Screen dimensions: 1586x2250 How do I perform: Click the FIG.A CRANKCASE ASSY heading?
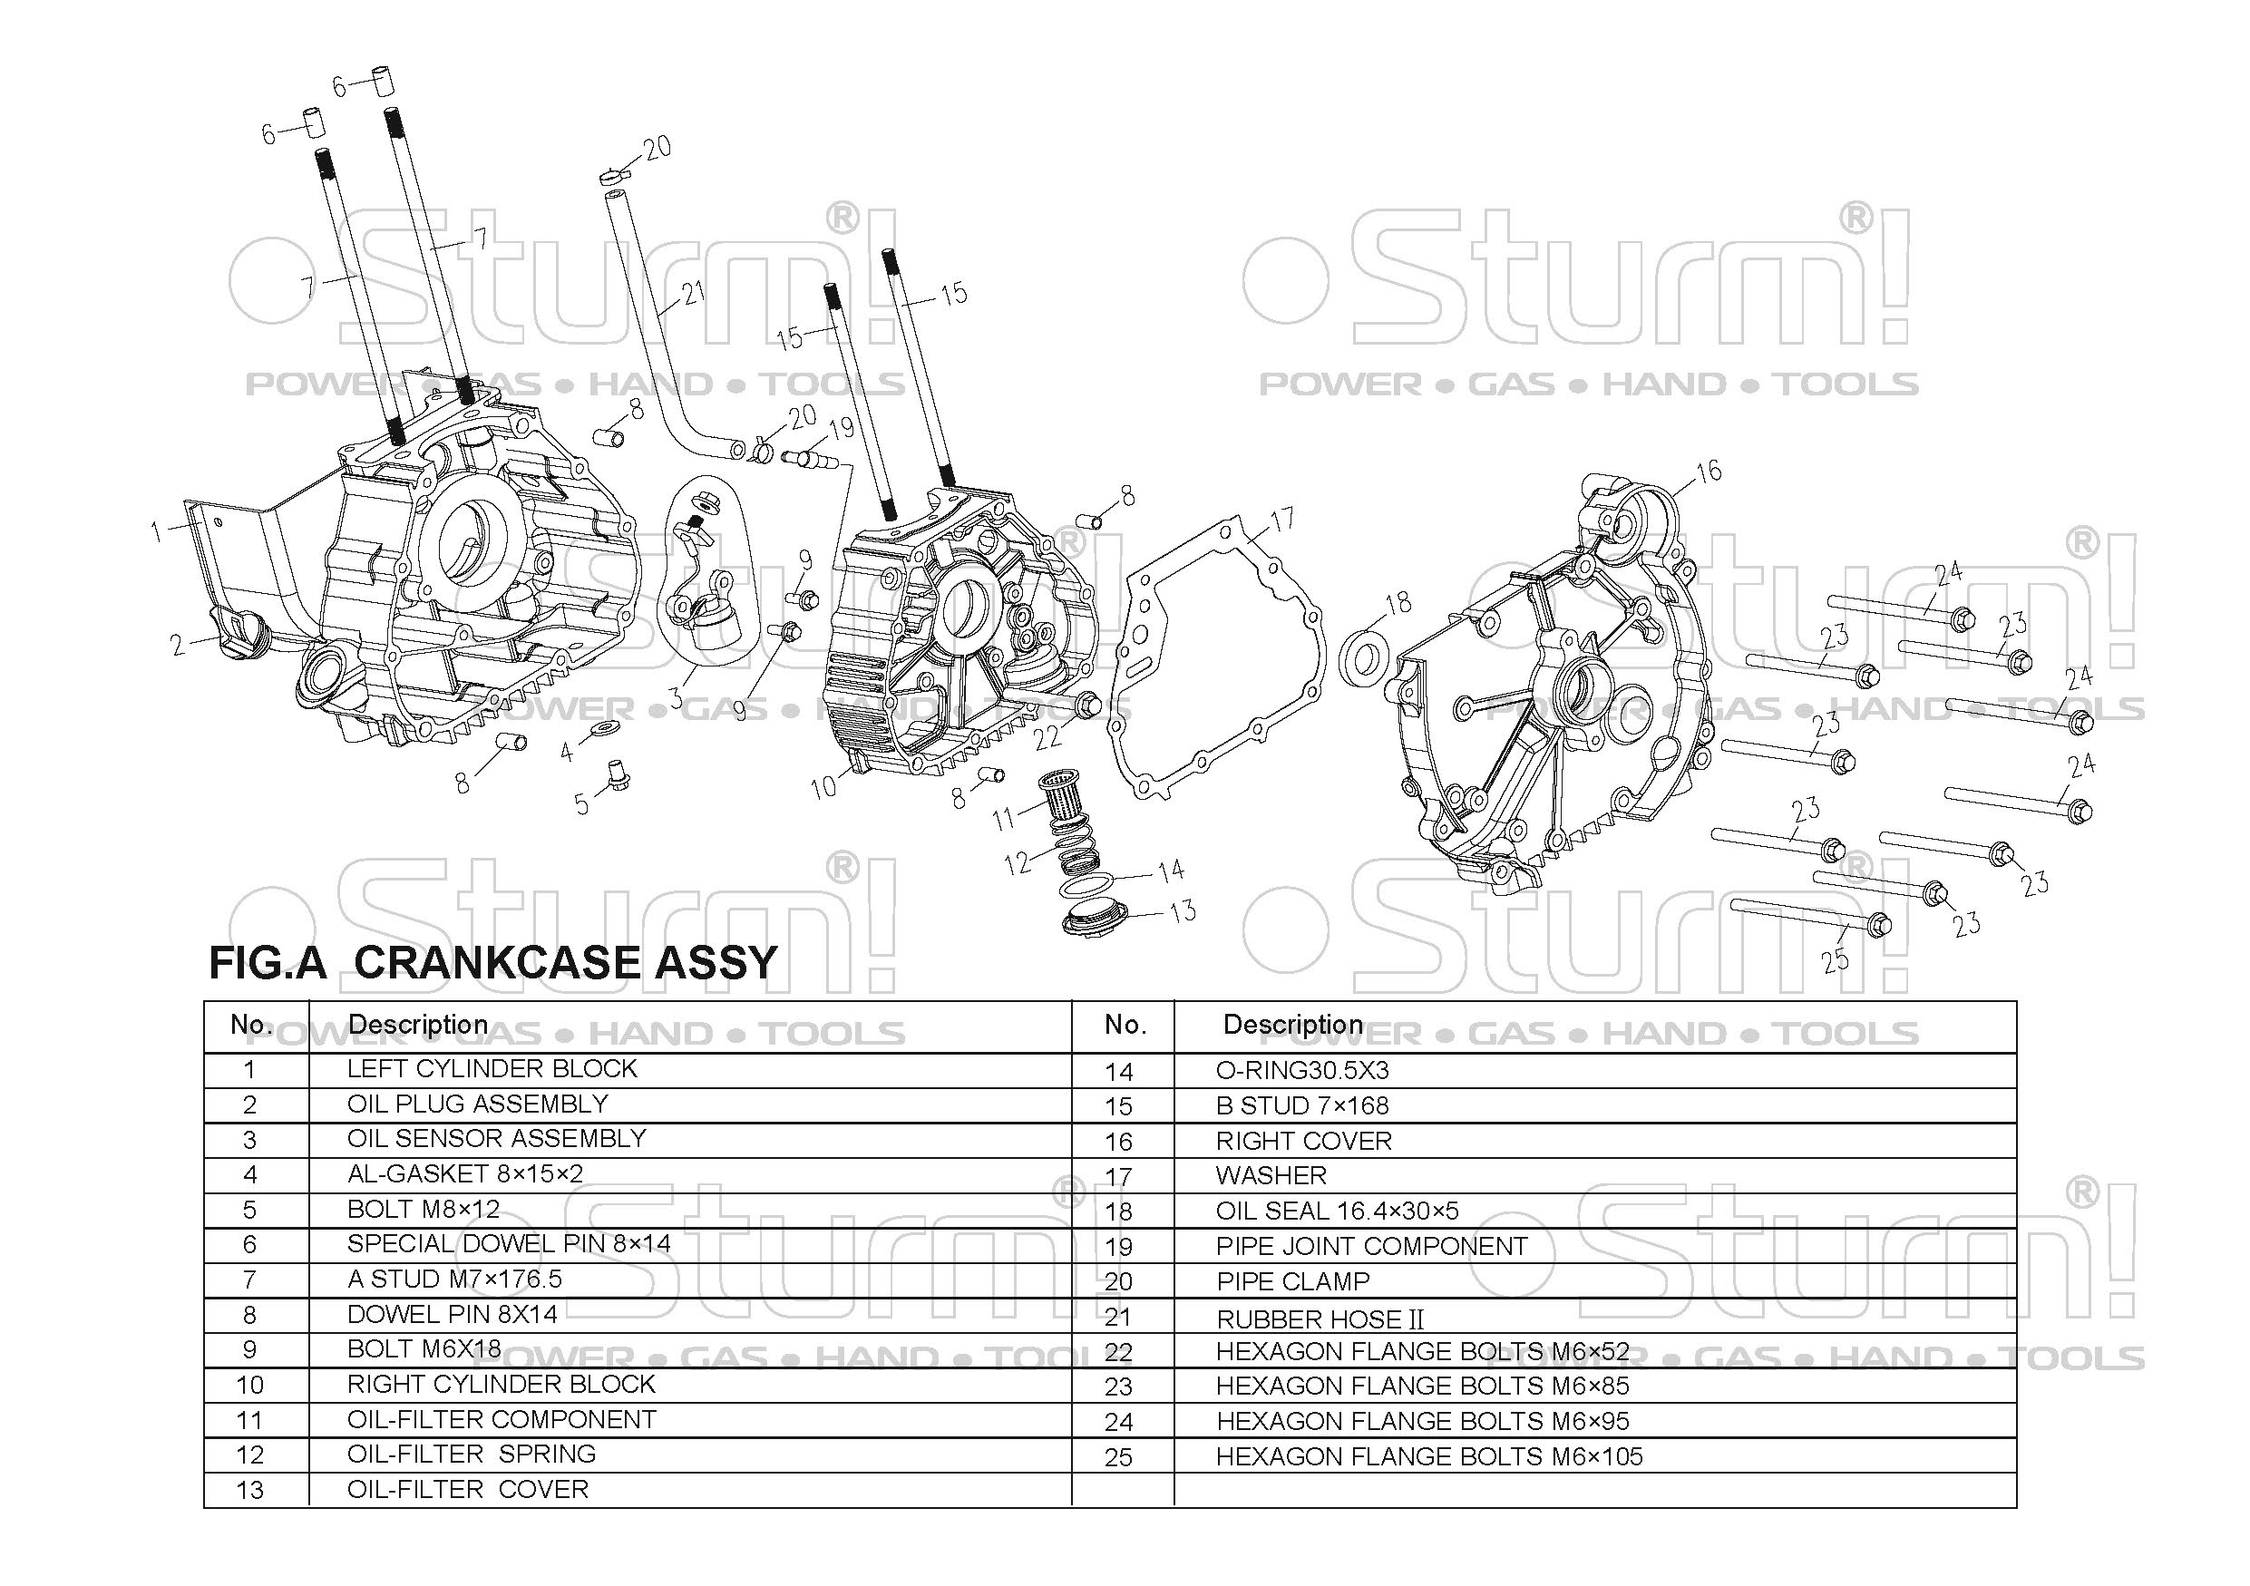click(493, 962)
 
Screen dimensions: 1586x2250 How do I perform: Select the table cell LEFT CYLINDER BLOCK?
click(492, 1069)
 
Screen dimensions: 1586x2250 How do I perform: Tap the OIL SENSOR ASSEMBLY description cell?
click(496, 1138)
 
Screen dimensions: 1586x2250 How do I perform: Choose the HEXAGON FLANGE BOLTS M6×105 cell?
click(1428, 1456)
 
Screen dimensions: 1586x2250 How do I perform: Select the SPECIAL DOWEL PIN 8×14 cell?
click(509, 1244)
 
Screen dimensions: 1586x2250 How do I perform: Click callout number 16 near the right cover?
click(1708, 472)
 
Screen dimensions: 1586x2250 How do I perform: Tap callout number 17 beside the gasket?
click(1281, 520)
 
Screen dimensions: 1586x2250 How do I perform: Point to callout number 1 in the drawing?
click(156, 532)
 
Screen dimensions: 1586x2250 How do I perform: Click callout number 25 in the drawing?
click(1835, 960)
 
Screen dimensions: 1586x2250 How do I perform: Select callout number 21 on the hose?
click(693, 293)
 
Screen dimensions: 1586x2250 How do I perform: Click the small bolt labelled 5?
click(618, 775)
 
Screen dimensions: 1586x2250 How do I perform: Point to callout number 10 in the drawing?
click(823, 786)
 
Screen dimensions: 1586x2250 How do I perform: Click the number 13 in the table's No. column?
click(250, 1490)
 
